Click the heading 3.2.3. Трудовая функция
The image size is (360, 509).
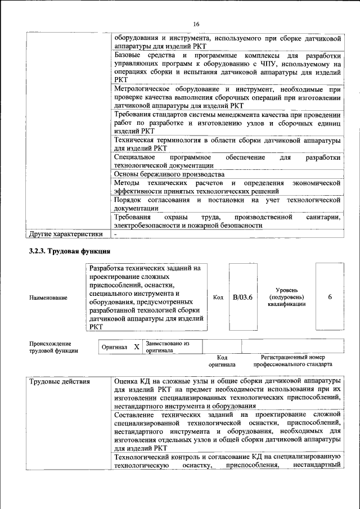click(69, 251)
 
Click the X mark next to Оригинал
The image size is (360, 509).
click(136, 347)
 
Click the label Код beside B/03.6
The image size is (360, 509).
click(218, 298)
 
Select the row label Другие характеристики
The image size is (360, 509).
click(66, 234)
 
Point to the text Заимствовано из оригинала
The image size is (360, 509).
click(167, 346)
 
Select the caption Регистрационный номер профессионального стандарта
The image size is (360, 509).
click(292, 361)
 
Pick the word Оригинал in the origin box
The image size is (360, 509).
click(114, 348)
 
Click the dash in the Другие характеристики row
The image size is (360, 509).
click(115, 234)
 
